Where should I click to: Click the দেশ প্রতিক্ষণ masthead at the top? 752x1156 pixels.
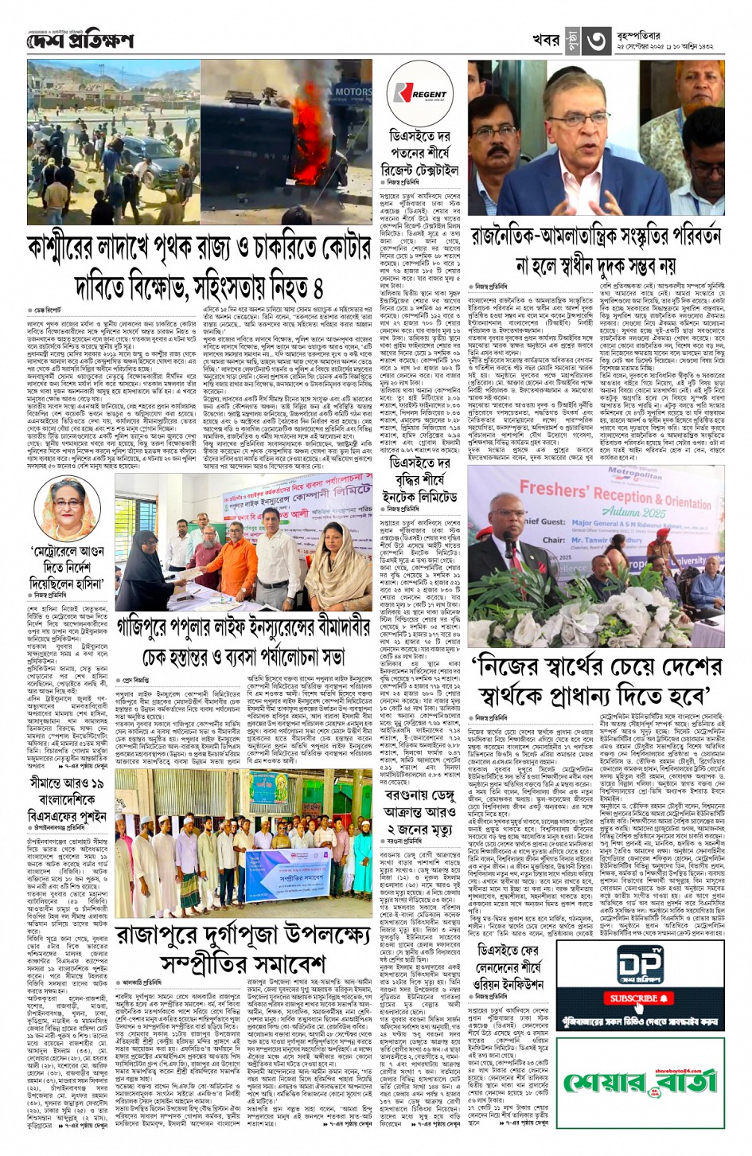pos(80,41)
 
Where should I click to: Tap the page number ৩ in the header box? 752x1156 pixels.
pos(598,42)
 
